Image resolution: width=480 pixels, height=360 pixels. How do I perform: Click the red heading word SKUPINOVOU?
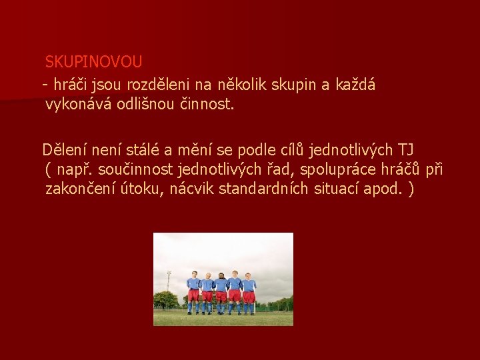point(93,62)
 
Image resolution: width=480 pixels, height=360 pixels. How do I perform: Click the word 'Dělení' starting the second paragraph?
point(63,148)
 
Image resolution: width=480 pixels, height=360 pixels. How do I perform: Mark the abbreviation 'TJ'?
point(407,148)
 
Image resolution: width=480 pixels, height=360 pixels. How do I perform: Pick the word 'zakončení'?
point(76,189)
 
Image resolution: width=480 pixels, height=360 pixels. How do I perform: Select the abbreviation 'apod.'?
point(383,189)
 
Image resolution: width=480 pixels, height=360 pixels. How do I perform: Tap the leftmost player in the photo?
point(193,292)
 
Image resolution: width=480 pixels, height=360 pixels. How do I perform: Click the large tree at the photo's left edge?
point(164,299)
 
